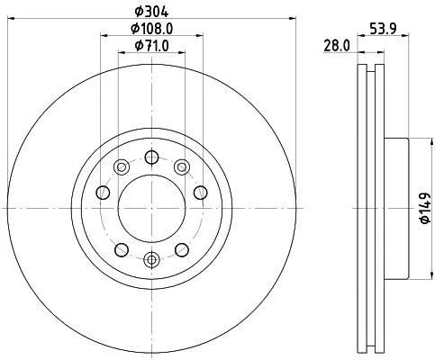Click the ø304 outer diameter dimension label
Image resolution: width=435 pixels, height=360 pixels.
(x=150, y=11)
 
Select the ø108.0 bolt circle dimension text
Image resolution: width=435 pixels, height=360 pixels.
(x=150, y=29)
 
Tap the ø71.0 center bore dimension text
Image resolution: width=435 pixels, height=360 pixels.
(x=150, y=45)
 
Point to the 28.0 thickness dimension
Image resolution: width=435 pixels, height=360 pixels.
(x=336, y=46)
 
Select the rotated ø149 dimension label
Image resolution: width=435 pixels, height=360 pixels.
(x=421, y=208)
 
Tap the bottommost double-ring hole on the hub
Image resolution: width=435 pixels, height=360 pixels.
(x=151, y=260)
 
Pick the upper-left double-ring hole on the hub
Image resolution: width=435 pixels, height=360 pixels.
(x=122, y=165)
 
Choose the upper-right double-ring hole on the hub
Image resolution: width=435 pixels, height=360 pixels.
(x=181, y=165)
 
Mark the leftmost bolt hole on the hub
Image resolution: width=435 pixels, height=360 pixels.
(x=102, y=192)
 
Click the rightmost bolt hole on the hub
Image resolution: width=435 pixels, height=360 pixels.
(x=200, y=192)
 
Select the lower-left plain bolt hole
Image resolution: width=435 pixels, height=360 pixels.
(x=121, y=249)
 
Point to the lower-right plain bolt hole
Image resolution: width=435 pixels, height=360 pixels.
(x=181, y=249)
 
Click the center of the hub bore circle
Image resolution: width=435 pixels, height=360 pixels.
(x=151, y=207)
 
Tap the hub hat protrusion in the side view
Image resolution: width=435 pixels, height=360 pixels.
(x=396, y=208)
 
